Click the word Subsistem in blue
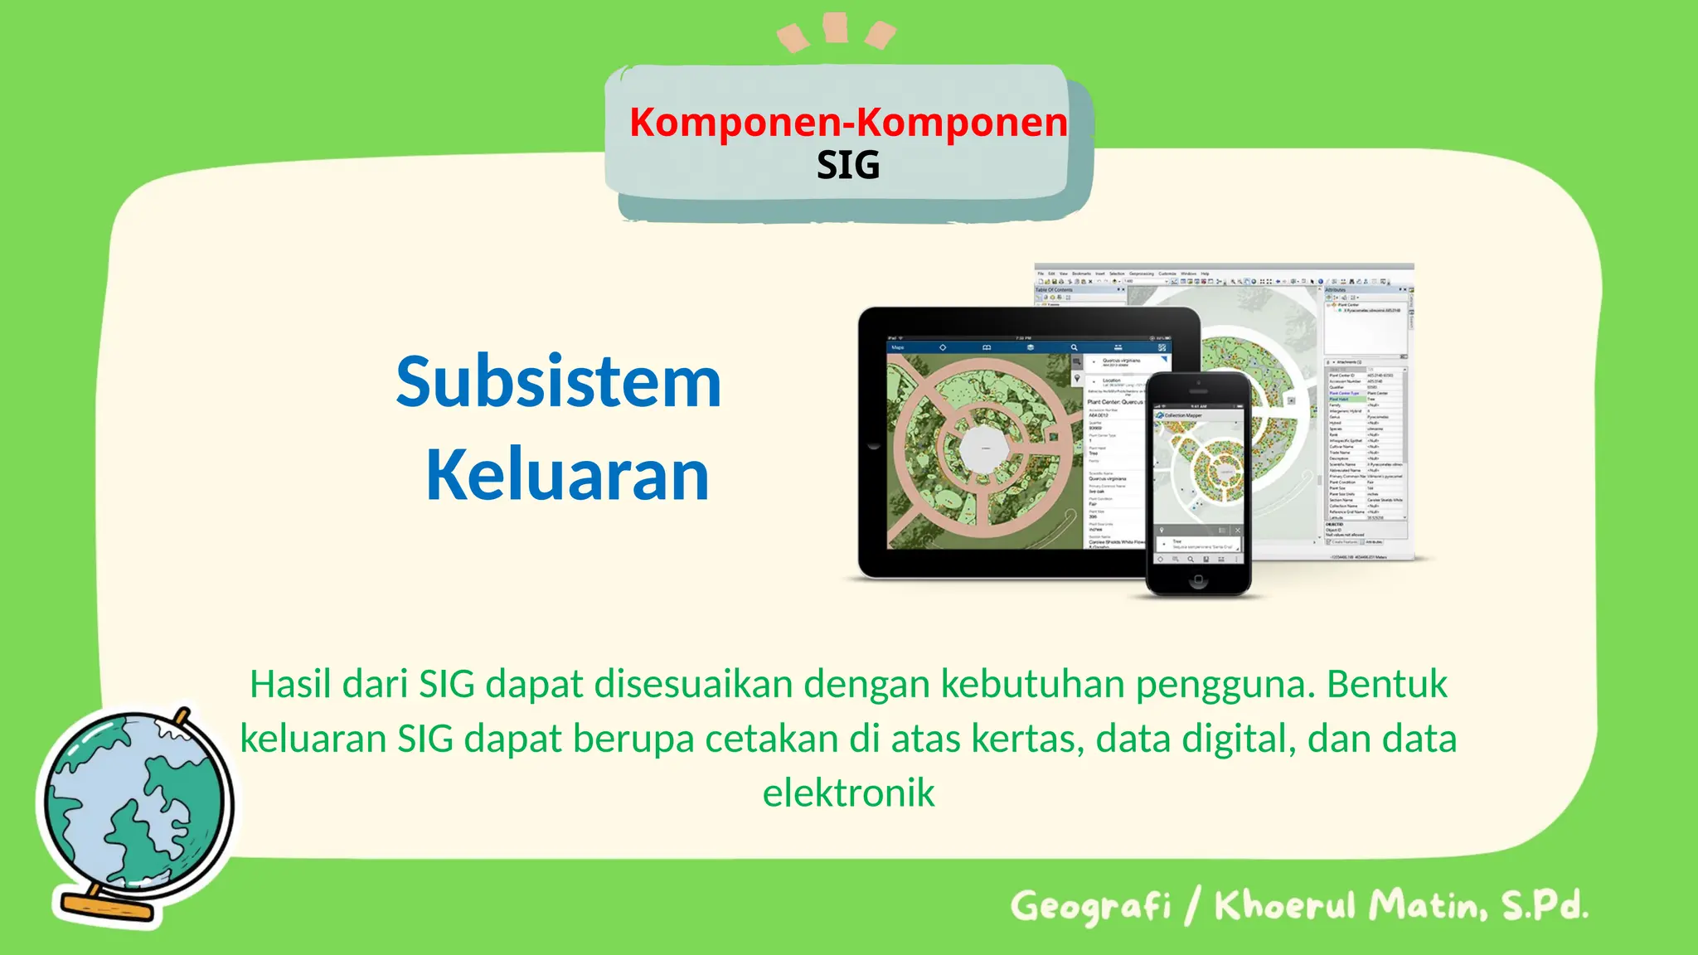tap(558, 382)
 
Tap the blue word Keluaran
tap(567, 475)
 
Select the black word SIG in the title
tap(847, 165)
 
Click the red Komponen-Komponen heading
tap(847, 122)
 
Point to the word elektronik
tap(848, 793)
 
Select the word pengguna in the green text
tap(1225, 686)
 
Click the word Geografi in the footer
tap(1090, 906)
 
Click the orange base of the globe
tap(108, 906)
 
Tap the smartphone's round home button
tap(1198, 581)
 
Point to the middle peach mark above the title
tap(835, 27)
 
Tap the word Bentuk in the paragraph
tap(1386, 684)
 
